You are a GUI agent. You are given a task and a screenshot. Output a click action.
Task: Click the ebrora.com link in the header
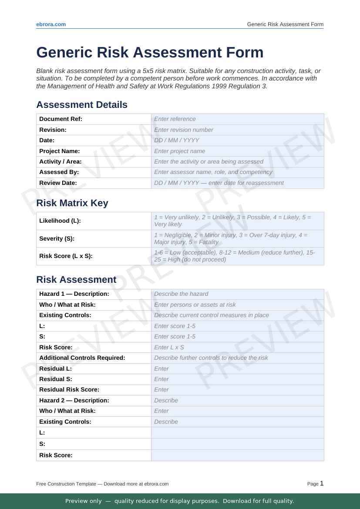pos(51,24)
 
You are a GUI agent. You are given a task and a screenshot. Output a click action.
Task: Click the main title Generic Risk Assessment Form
pos(150,52)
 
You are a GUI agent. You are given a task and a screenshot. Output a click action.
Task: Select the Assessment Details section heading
pos(82,105)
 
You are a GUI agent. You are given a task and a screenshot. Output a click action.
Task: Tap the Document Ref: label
pos(61,119)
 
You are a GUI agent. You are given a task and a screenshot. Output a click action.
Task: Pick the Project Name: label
pos(60,151)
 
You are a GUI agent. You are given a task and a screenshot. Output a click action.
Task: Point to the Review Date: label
pos(58,183)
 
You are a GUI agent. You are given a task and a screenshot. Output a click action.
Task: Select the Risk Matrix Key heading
pos(72,203)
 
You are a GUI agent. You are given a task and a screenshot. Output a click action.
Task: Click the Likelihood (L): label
pos(60,221)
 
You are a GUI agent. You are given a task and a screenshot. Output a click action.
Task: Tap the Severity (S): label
pos(57,238)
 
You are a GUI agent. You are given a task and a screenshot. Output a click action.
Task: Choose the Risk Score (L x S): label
pos(66,256)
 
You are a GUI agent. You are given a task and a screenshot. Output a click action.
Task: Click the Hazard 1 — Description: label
pos(74,294)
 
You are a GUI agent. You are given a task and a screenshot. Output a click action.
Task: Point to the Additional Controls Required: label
pos(82,358)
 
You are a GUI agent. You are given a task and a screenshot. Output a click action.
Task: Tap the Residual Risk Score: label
pos(69,389)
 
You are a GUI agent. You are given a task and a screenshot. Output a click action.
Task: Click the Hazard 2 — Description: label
pos(74,400)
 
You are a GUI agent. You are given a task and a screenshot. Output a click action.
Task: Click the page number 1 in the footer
pos(322,483)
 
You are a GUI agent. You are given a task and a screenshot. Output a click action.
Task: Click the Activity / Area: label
pos(61,161)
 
